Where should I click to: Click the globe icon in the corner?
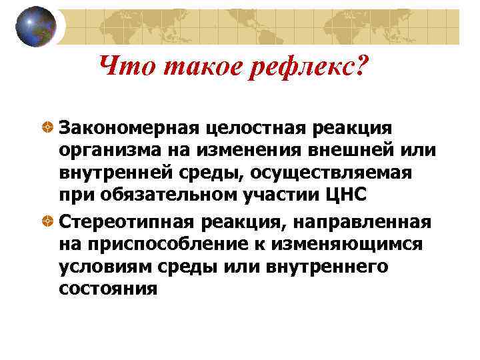click(x=36, y=26)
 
